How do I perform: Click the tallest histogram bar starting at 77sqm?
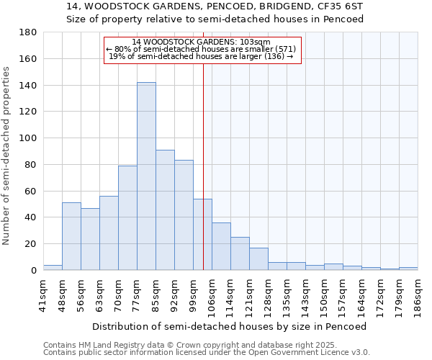[146, 176]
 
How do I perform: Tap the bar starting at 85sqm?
[165, 210]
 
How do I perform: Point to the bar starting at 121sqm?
[258, 258]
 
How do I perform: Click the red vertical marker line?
[203, 180]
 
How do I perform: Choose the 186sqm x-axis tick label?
[418, 296]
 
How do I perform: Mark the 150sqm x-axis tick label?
[324, 296]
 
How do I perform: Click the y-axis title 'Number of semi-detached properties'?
[7, 156]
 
